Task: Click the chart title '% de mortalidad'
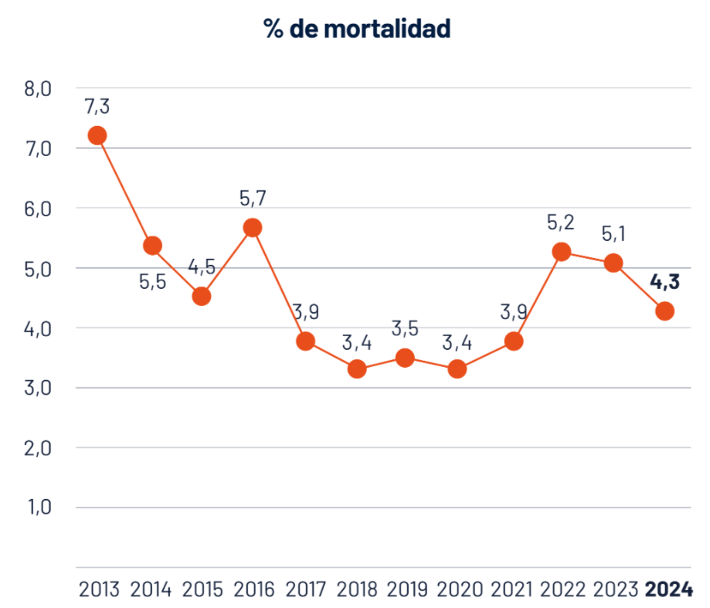tap(356, 29)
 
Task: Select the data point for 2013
tap(97, 136)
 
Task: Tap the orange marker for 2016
tap(253, 227)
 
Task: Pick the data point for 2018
tap(356, 369)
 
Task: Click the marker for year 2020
tap(457, 369)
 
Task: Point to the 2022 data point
tap(561, 252)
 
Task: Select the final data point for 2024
tap(664, 311)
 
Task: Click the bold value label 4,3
tap(664, 282)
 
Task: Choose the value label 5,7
tap(253, 198)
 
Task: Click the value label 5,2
tap(561, 222)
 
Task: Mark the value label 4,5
tap(202, 267)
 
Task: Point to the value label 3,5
tap(405, 328)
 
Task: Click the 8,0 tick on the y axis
tap(37, 89)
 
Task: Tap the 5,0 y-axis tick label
tap(37, 268)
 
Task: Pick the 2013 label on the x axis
tap(100, 589)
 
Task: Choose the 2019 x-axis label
tap(407, 589)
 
